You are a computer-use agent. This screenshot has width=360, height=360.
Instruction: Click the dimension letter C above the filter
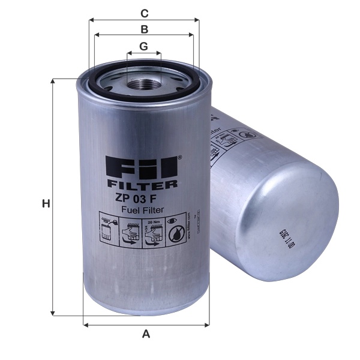(144, 13)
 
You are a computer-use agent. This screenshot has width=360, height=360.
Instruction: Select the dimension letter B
(144, 28)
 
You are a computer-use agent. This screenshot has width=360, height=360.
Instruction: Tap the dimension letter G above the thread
(144, 46)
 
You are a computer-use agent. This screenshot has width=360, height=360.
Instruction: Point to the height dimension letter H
(44, 205)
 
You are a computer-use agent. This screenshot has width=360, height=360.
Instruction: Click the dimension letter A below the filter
(145, 335)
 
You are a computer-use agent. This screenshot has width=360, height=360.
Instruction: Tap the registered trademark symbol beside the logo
(173, 158)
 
